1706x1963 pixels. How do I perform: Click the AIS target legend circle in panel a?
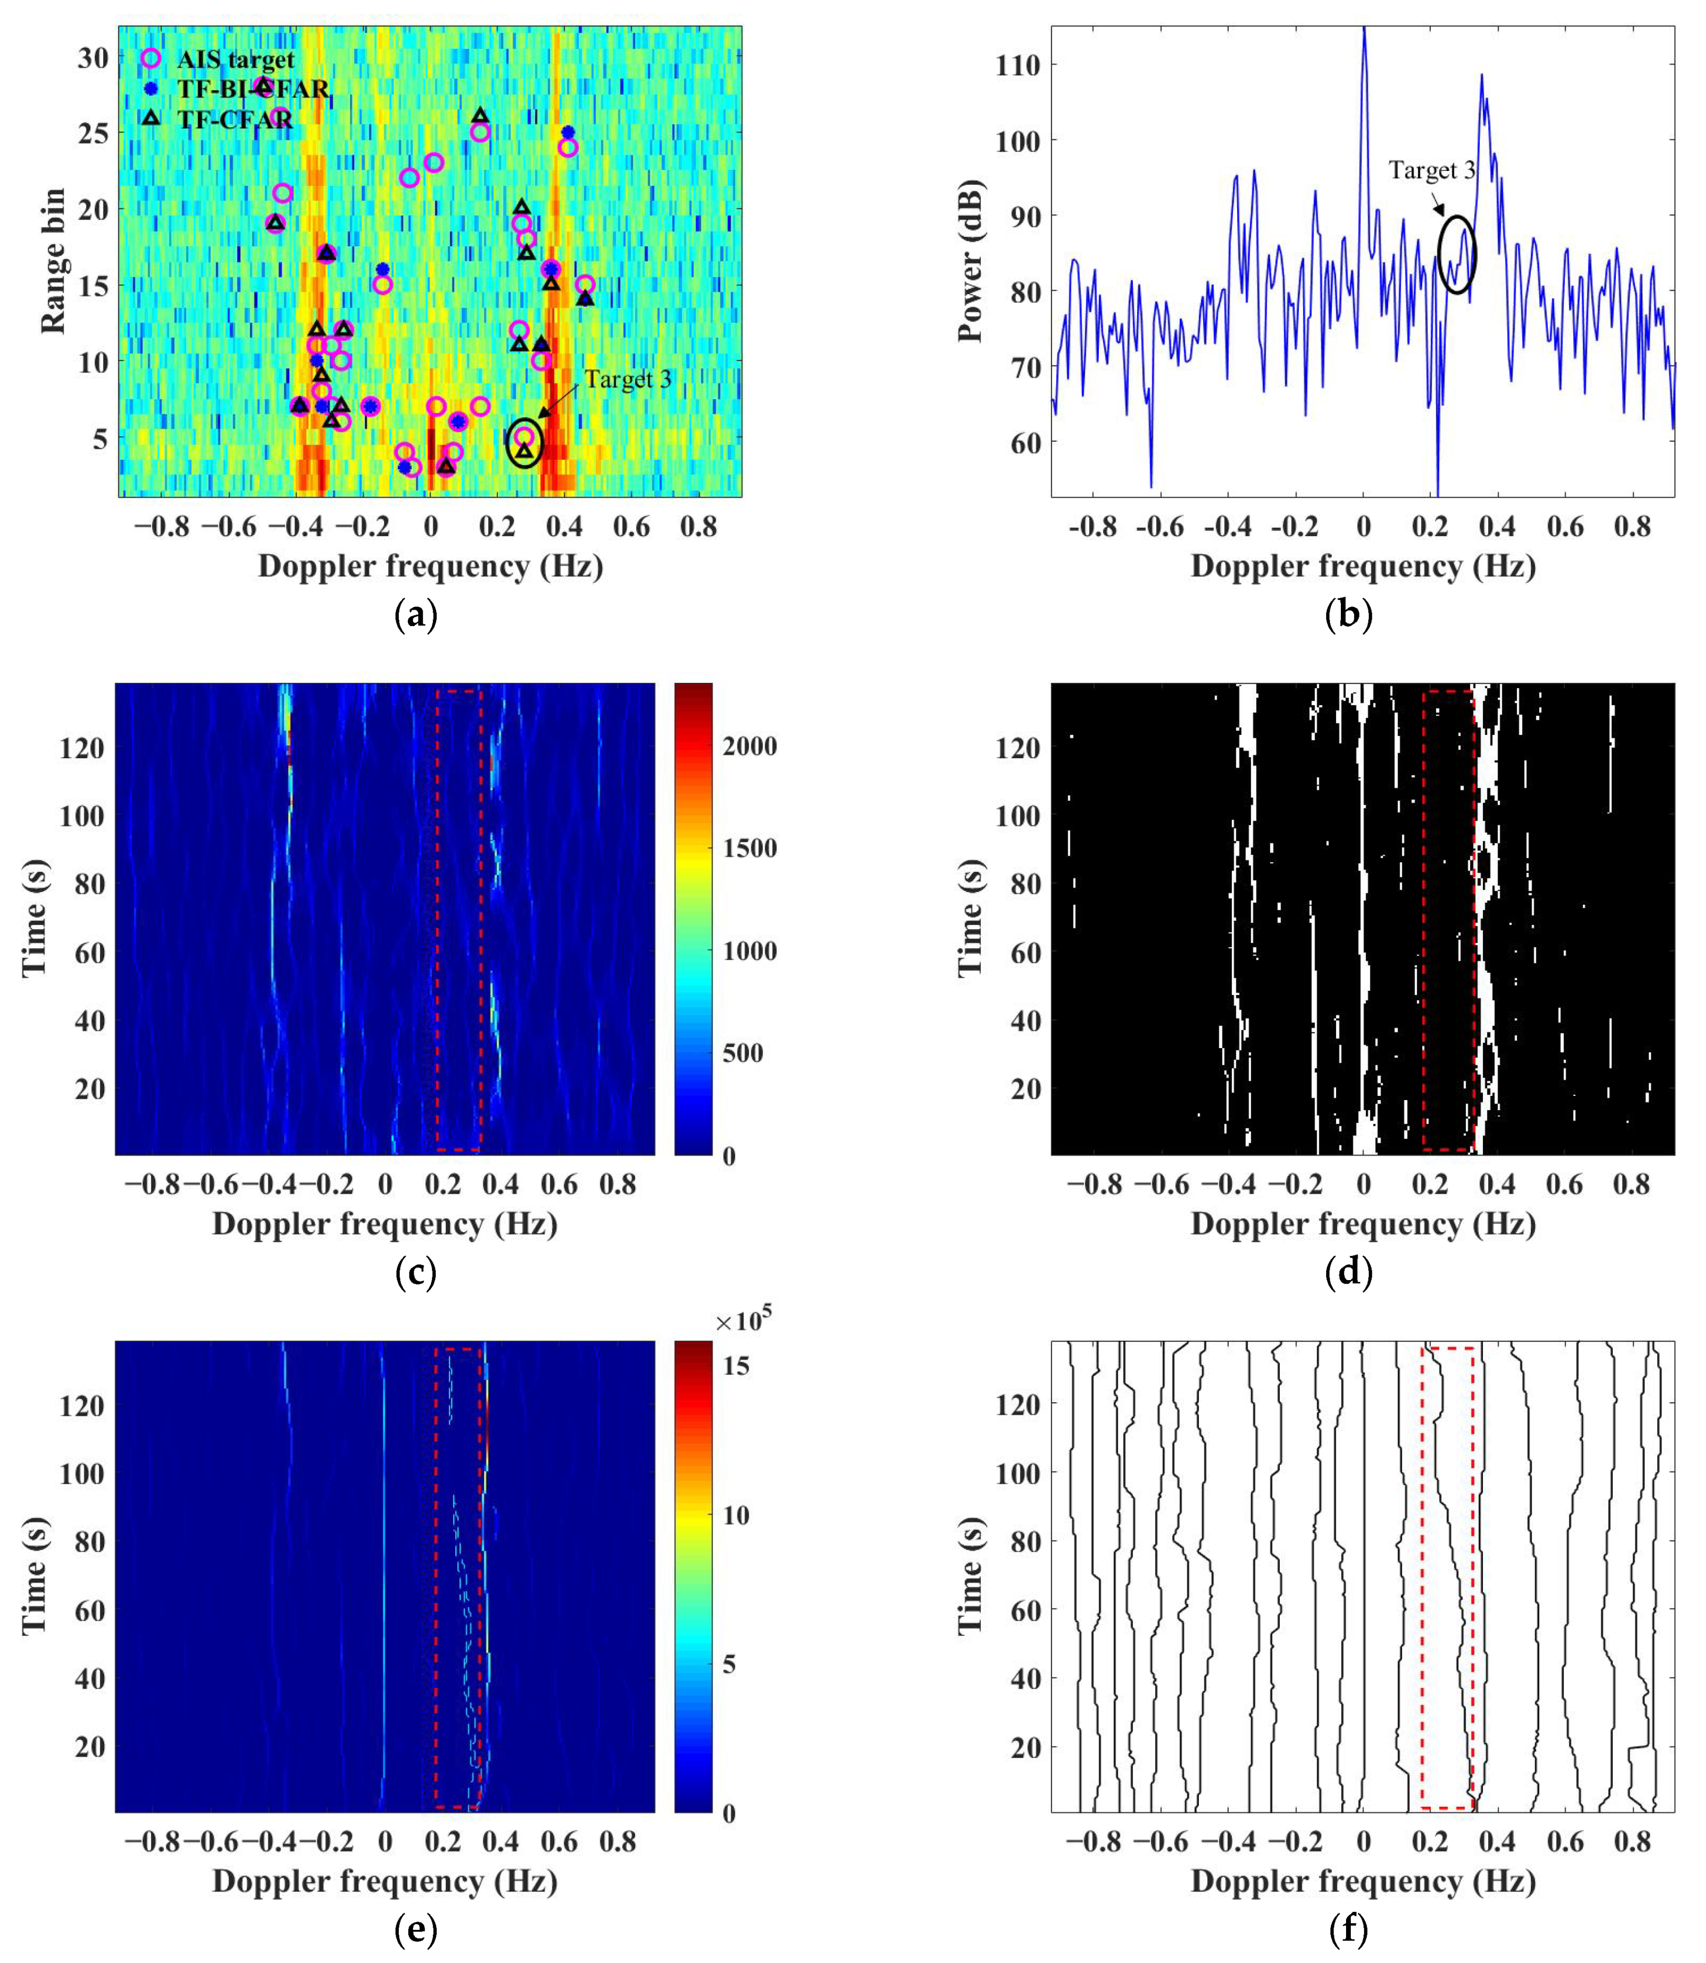click(150, 58)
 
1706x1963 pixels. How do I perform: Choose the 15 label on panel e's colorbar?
click(736, 1366)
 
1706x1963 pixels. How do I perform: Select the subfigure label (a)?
click(416, 616)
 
